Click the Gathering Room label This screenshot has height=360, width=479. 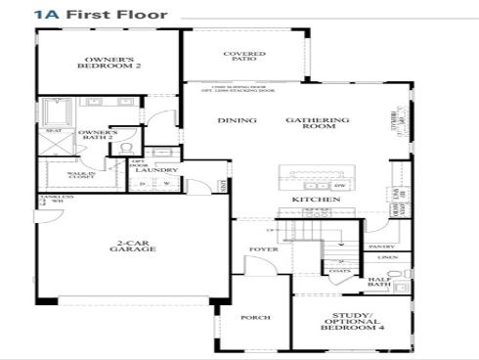[x=318, y=121]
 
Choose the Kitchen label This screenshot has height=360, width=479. [x=316, y=200]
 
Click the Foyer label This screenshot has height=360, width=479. [x=263, y=249]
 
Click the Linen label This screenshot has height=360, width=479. [x=387, y=258]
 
